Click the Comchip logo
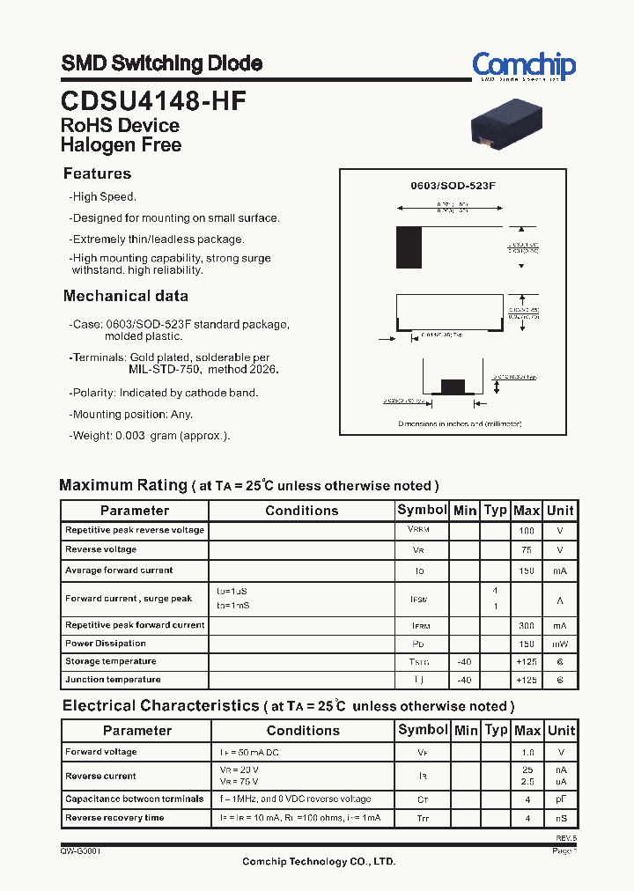tap(524, 66)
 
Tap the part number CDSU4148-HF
tap(153, 100)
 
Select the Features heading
tap(97, 173)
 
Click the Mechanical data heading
tap(125, 296)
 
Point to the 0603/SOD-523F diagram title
tap(453, 187)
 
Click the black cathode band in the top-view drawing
tap(409, 247)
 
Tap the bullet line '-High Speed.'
tap(103, 197)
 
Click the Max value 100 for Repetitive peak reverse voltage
tap(527, 531)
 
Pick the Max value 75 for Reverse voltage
tap(527, 550)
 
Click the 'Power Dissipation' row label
tap(106, 644)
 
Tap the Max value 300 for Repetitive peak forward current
tap(527, 625)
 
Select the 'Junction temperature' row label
tap(113, 680)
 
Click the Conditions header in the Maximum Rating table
tap(301, 511)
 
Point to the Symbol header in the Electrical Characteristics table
tap(423, 730)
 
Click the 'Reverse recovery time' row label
tap(114, 818)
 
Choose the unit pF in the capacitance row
tap(560, 799)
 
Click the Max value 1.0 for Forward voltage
tap(527, 753)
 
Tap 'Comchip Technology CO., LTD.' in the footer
tap(319, 862)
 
